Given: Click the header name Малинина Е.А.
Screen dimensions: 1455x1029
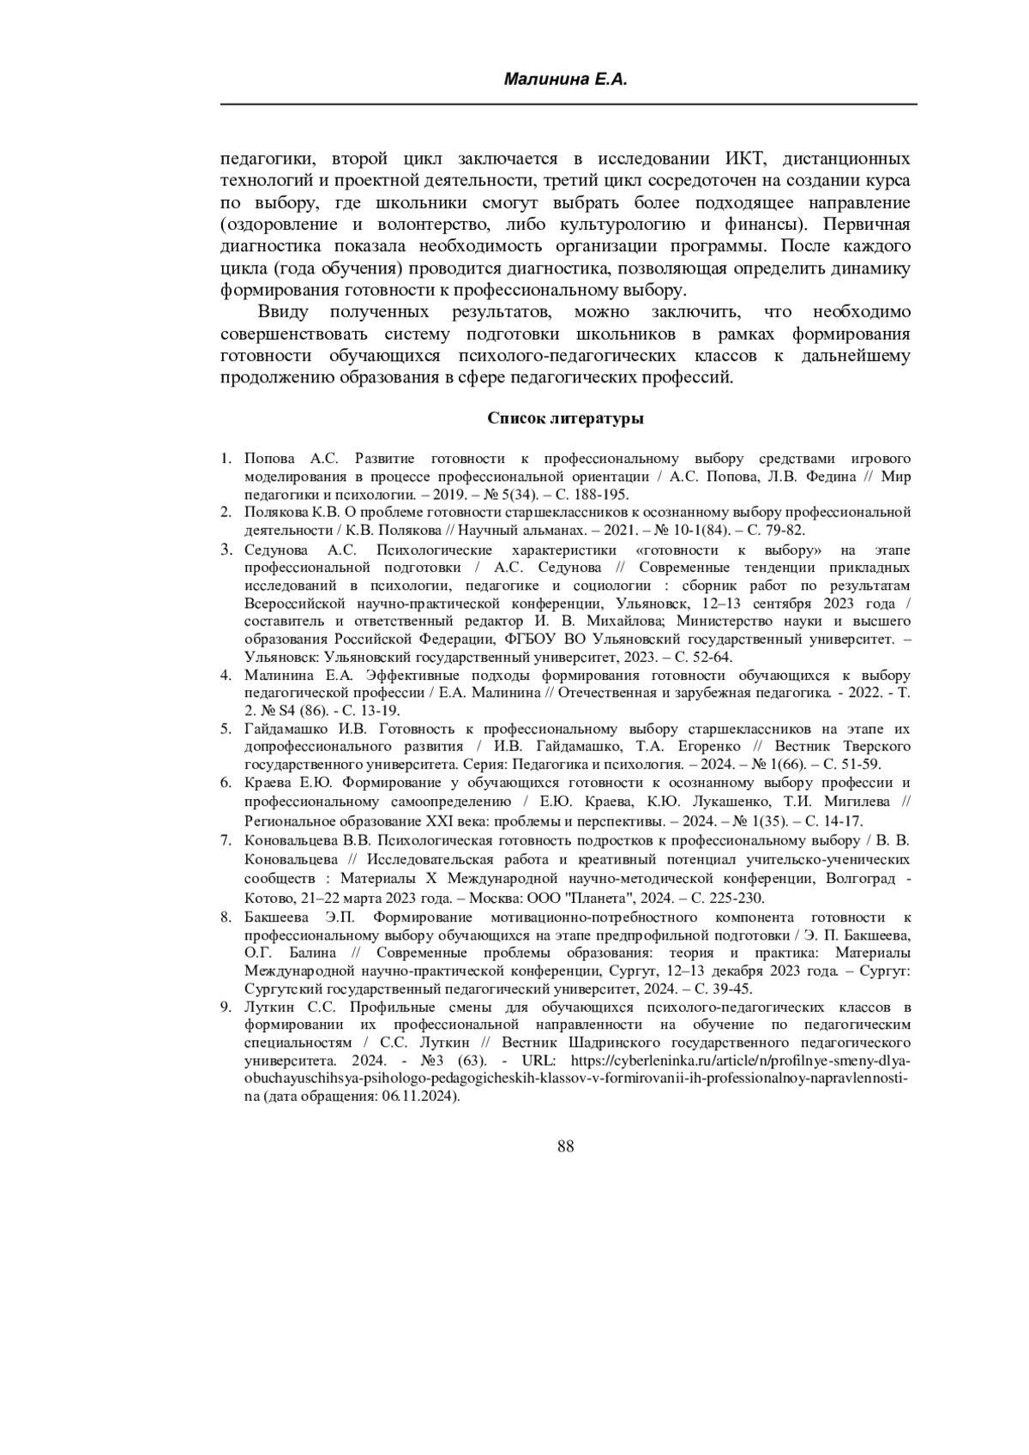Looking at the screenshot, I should coord(566,81).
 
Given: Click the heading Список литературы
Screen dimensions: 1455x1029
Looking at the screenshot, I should coord(565,418).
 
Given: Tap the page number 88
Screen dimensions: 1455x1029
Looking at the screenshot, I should coord(565,1147).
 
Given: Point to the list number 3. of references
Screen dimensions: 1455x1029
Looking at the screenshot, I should coord(226,550).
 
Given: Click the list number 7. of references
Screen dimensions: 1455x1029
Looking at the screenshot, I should coord(226,840).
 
